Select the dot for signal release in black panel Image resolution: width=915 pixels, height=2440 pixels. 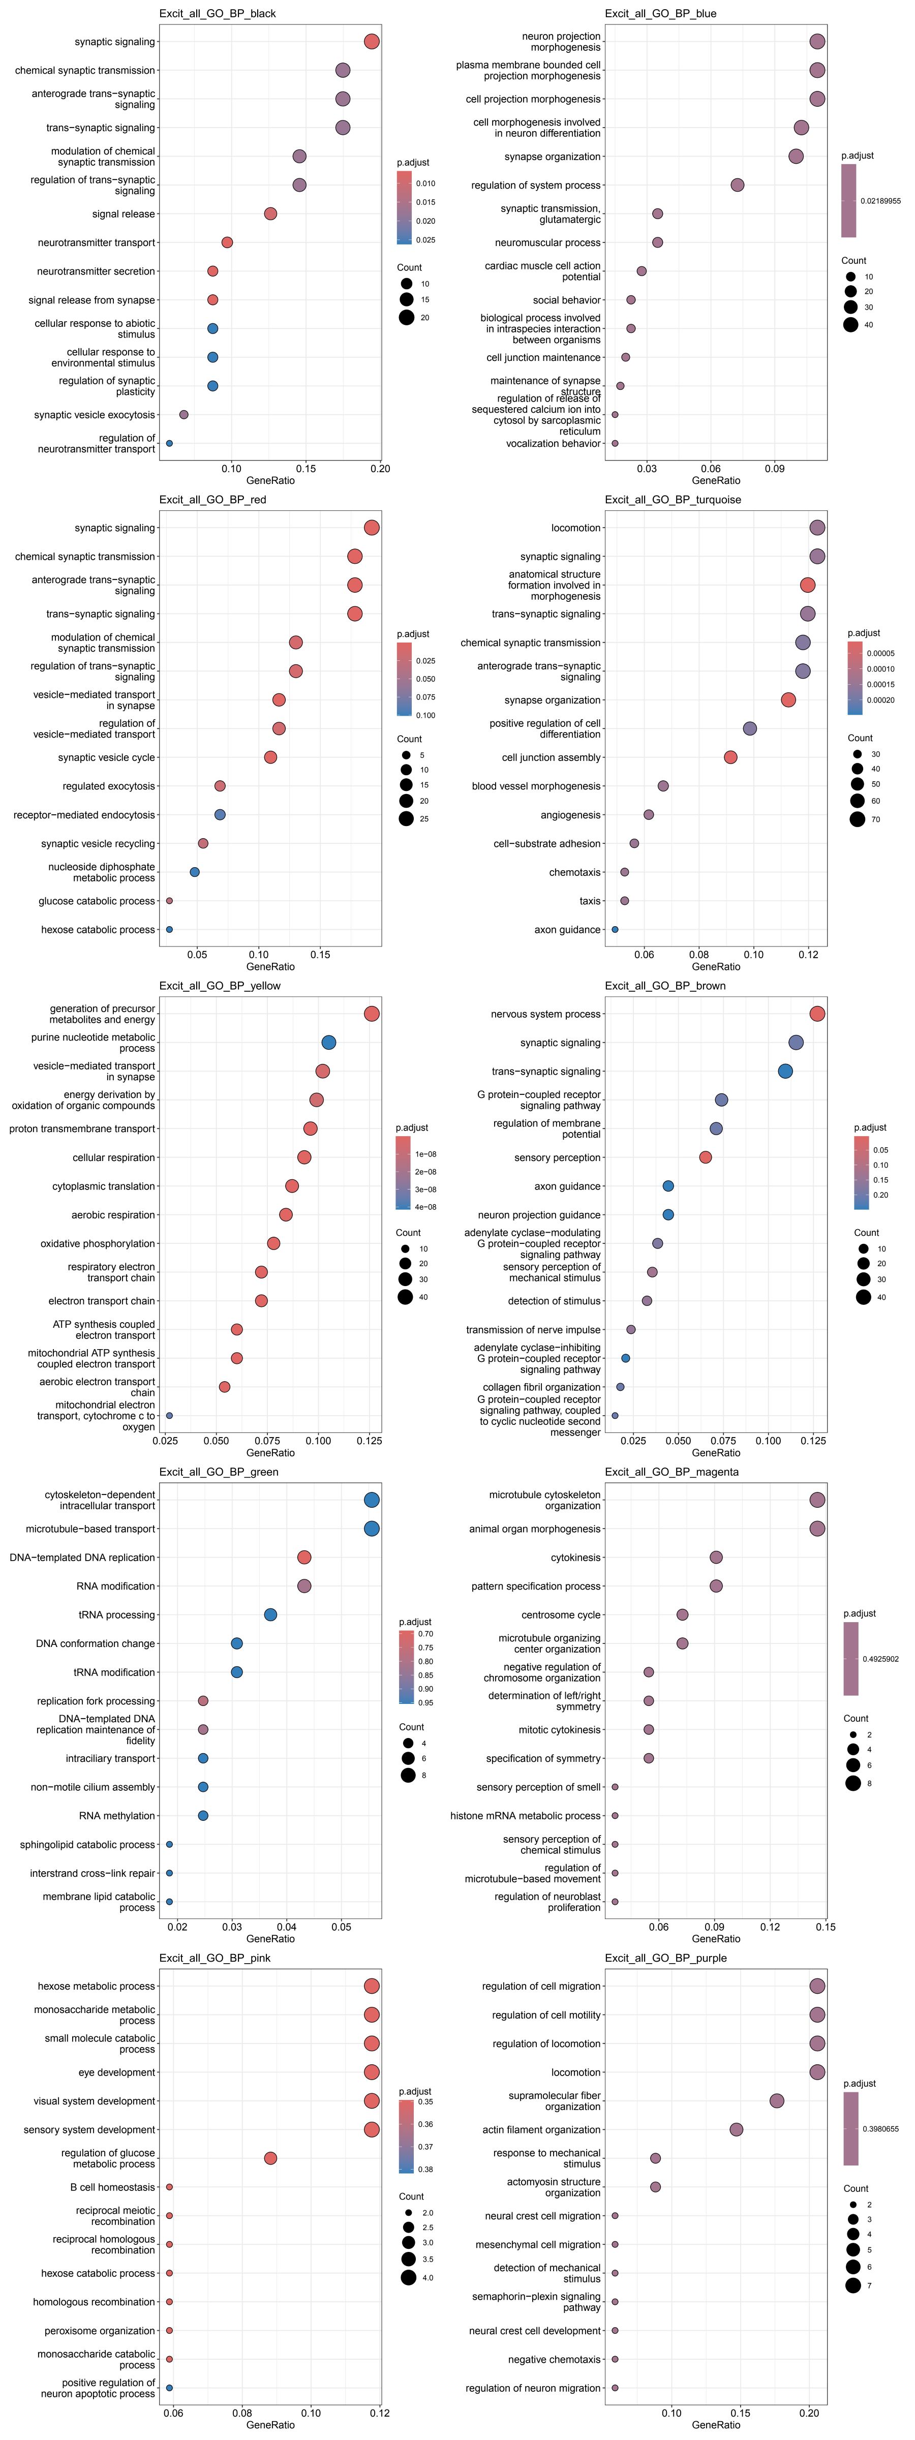(270, 214)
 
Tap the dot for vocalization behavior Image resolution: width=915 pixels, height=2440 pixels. (615, 443)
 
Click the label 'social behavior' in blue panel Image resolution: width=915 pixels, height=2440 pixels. (566, 300)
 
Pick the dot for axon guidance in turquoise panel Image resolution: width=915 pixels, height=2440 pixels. (615, 930)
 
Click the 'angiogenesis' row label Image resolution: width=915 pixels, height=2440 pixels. (570, 815)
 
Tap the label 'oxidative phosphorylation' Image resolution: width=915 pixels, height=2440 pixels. (98, 1244)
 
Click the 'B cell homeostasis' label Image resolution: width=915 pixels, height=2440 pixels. (112, 2187)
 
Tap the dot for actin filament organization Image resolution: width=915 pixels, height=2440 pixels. (736, 2130)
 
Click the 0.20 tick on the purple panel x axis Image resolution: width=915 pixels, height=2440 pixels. (809, 2413)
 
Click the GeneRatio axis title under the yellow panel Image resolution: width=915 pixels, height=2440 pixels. (270, 1453)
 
